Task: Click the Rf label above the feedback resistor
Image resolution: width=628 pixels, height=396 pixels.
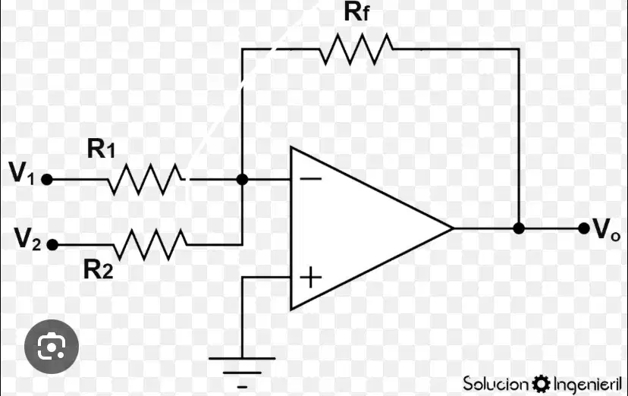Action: coord(356,11)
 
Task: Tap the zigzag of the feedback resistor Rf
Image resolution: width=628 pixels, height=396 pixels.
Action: coord(356,49)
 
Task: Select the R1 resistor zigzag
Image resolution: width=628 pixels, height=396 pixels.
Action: coord(146,179)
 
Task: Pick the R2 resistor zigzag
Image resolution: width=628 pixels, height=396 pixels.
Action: coord(151,244)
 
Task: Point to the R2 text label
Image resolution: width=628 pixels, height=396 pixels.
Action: coord(98,269)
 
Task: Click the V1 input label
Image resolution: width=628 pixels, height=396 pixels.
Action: coord(22,172)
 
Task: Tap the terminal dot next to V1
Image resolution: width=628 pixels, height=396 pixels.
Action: coord(47,179)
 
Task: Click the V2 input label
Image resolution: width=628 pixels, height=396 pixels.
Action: coord(27,239)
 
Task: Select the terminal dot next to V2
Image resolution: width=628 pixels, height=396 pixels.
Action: coord(52,244)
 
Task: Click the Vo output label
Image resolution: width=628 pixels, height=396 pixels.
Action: coord(606,229)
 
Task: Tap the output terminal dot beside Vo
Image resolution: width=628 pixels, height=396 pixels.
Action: coord(584,228)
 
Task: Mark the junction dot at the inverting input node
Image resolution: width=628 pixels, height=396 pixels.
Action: coord(242,179)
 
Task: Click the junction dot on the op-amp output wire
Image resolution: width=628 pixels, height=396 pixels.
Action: coord(519,228)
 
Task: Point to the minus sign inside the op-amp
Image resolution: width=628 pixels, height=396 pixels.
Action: coord(311,178)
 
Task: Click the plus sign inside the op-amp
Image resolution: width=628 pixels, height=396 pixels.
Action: coord(311,278)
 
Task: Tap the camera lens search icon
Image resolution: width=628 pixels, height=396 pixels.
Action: coord(52,347)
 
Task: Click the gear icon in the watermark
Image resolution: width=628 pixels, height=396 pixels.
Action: coord(541,384)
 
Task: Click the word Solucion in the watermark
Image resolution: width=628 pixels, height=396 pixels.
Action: coord(496,384)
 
